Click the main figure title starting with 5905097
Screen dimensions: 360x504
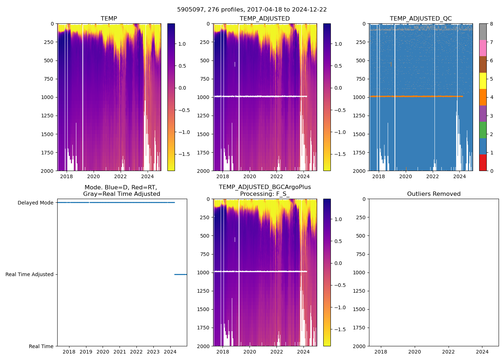click(252, 10)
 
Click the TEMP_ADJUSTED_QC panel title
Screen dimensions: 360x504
click(420, 19)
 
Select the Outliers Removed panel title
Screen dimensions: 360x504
click(433, 194)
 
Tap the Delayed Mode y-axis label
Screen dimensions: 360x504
click(35, 203)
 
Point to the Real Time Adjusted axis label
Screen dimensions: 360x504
click(29, 275)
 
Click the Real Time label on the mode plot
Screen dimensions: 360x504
click(41, 346)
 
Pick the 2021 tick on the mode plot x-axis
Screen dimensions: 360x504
click(120, 352)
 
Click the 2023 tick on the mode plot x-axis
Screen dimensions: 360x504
click(153, 352)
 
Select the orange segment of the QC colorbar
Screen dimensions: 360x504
click(483, 97)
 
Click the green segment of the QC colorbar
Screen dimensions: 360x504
click(483, 130)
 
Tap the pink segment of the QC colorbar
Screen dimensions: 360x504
click(483, 48)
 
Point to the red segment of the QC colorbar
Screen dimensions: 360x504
click(483, 163)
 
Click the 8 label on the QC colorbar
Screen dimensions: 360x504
click(491, 24)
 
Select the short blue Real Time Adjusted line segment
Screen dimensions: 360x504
click(180, 275)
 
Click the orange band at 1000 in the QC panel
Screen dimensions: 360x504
click(414, 96)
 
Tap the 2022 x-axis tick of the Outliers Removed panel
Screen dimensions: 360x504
click(448, 352)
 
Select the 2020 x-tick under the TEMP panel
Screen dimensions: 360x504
click(93, 176)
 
